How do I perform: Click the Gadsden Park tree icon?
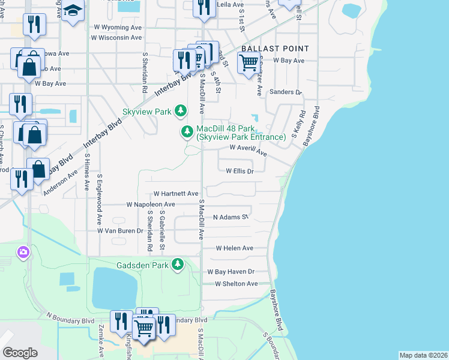(x=178, y=264)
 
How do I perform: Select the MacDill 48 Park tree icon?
(x=187, y=131)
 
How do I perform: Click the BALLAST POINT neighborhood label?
(x=275, y=49)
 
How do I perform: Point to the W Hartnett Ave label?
(x=176, y=194)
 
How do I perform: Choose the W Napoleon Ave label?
(x=151, y=205)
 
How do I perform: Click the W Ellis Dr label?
(x=240, y=171)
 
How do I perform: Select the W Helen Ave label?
(x=235, y=248)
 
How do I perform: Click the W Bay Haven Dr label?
(x=231, y=272)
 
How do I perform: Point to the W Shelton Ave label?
(x=236, y=284)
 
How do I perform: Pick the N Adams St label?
(x=231, y=217)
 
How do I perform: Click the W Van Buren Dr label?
(x=121, y=230)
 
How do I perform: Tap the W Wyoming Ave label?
(x=118, y=28)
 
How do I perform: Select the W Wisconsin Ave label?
(x=116, y=37)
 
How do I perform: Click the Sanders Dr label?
(x=285, y=92)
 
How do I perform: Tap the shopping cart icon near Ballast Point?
(x=248, y=62)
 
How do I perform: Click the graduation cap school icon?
(x=73, y=11)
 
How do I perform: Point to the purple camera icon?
(x=23, y=252)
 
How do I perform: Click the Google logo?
(x=20, y=353)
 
